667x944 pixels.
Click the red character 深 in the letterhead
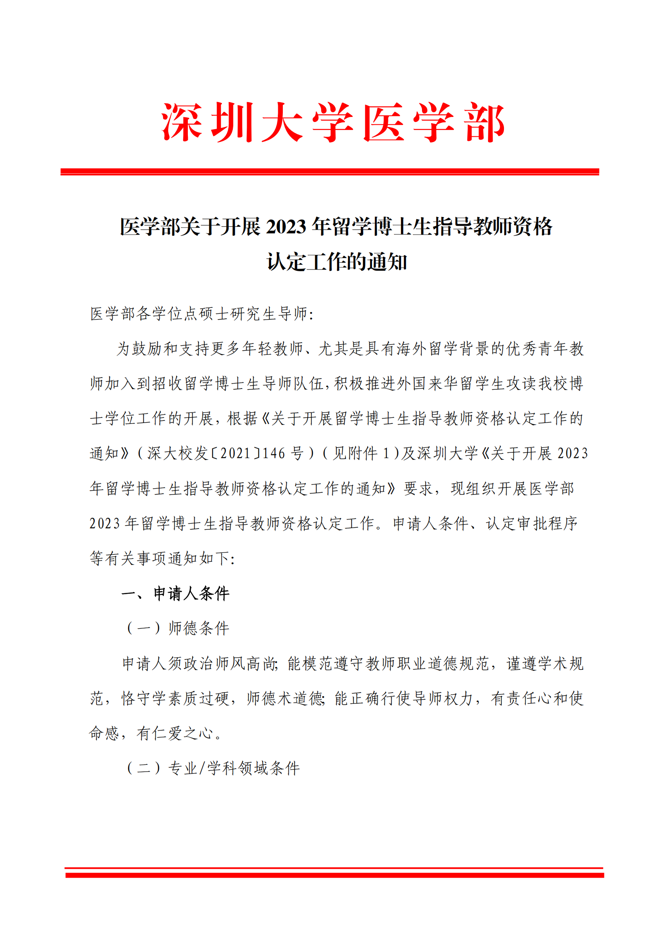coord(182,122)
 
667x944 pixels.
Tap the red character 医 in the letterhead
coord(384,122)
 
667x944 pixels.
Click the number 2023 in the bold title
coord(286,227)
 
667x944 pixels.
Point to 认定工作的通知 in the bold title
coord(337,262)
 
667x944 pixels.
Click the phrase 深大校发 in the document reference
coord(178,453)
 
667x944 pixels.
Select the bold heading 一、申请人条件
coord(175,593)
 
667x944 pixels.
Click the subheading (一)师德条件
coord(178,628)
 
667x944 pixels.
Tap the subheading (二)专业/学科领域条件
coord(213,768)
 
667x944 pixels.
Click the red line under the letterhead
coord(330,172)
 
